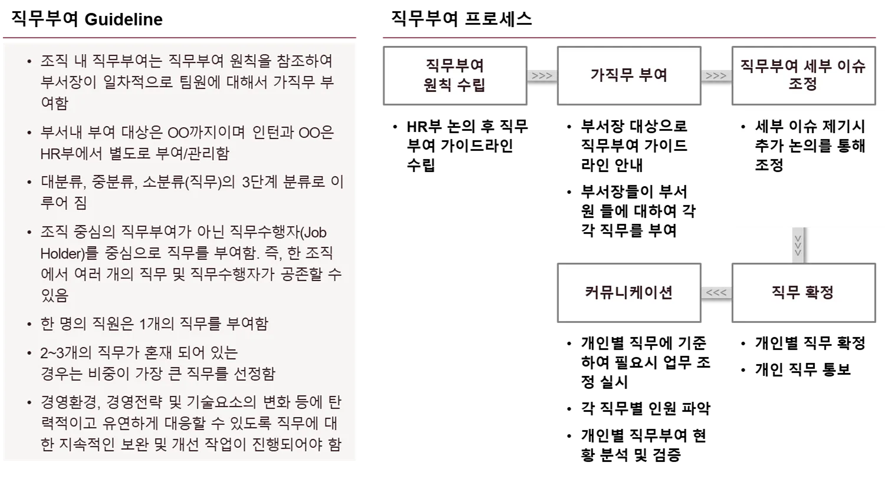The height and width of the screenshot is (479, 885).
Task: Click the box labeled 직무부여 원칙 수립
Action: point(455,75)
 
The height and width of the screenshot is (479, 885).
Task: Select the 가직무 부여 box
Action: point(629,75)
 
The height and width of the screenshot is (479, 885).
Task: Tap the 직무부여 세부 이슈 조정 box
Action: point(803,75)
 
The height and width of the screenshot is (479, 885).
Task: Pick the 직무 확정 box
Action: point(803,292)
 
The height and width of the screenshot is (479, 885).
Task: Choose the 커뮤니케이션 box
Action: point(629,292)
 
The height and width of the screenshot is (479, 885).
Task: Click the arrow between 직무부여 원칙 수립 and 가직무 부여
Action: point(542,75)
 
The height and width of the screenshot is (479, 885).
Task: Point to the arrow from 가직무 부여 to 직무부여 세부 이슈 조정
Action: point(716,75)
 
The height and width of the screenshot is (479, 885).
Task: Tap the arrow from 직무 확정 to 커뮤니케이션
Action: point(716,292)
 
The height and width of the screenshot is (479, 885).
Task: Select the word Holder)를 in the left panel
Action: point(62,254)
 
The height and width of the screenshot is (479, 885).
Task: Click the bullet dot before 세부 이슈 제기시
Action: point(743,127)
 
